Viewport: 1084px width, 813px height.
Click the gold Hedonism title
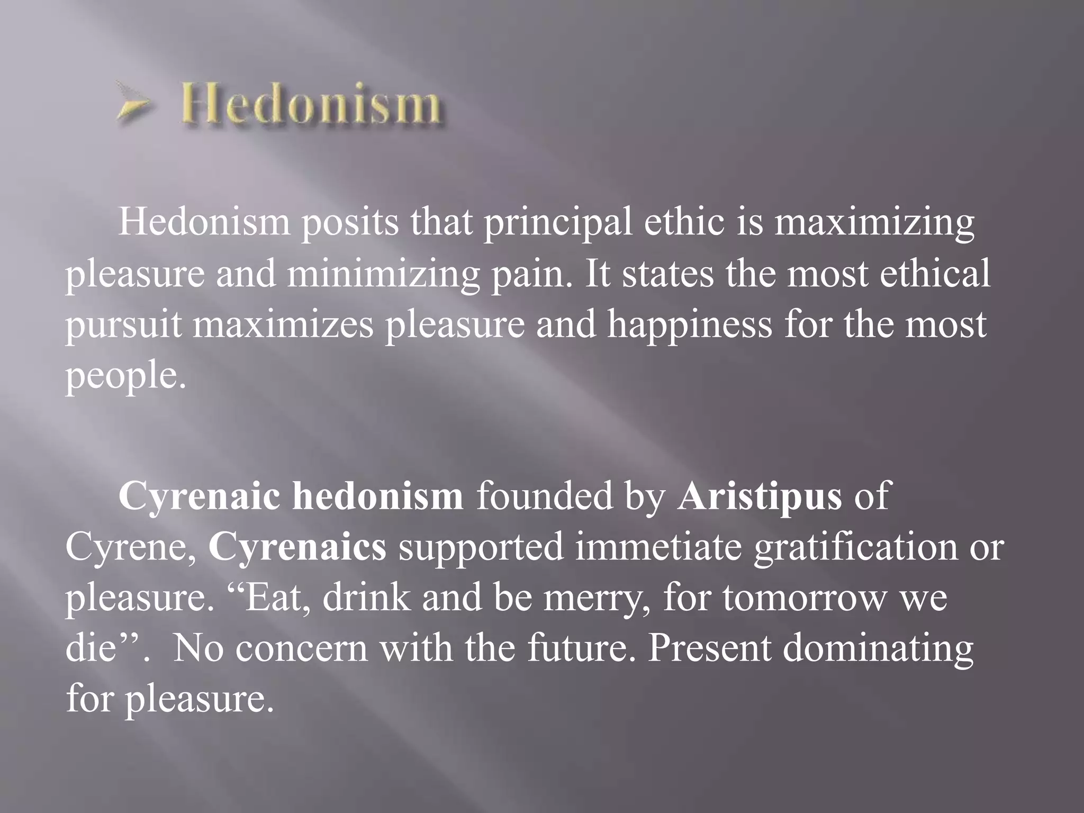pyautogui.click(x=314, y=104)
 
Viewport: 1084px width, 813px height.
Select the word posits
pyautogui.click(x=350, y=222)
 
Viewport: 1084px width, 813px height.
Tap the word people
pyautogui.click(x=126, y=377)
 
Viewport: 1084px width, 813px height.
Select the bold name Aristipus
pyautogui.click(x=759, y=496)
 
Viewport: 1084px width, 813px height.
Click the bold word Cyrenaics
pyautogui.click(x=297, y=547)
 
